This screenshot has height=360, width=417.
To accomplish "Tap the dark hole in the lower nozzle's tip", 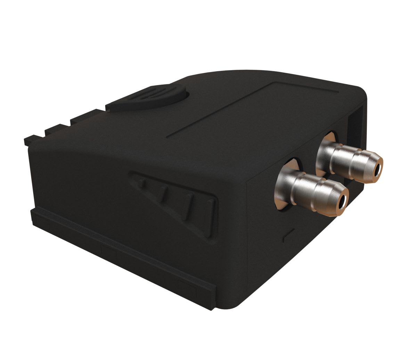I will click(343, 201).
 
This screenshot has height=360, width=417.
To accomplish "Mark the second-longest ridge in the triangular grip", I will click(188, 205).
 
